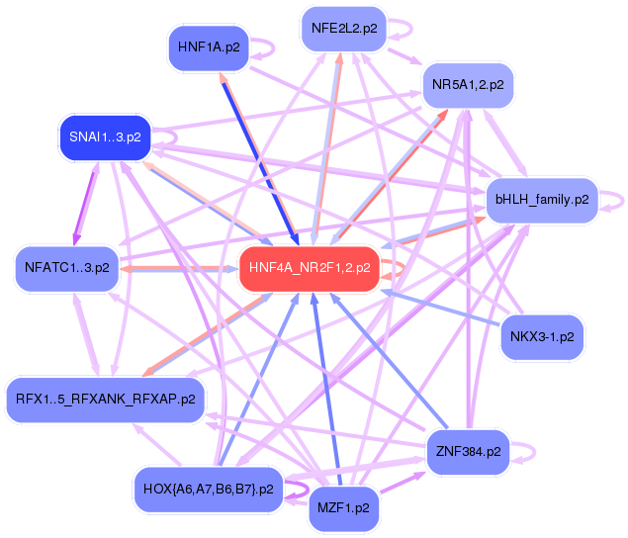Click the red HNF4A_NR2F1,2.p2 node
tap(310, 268)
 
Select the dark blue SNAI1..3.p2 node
tap(104, 137)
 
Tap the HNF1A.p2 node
tap(209, 46)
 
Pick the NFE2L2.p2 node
tap(343, 29)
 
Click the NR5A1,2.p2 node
tap(468, 85)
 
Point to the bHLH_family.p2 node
tap(541, 200)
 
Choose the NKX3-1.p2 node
tap(542, 336)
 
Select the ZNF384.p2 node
tap(467, 453)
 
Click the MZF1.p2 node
tap(343, 508)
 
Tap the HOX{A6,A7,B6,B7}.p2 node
tap(207, 489)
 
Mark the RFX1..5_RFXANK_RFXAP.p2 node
tap(105, 400)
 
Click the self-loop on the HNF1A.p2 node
tap(262, 46)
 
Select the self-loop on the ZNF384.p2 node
tap(526, 453)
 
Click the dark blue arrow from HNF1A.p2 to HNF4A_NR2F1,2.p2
tap(260, 158)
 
